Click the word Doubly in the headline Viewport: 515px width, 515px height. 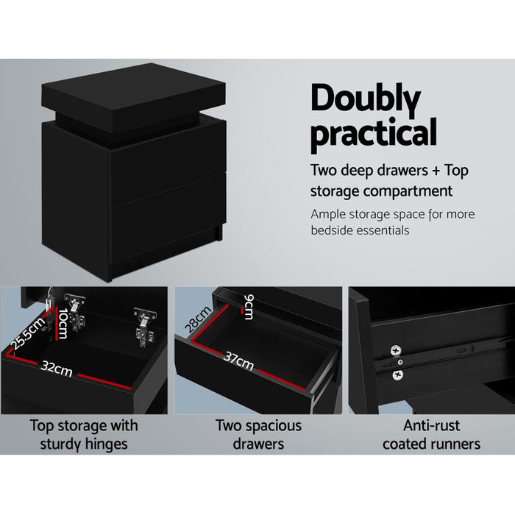coord(365,100)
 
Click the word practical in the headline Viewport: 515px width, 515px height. coord(373,134)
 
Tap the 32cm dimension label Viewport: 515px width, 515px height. coord(57,369)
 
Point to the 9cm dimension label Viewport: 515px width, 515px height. coord(249,307)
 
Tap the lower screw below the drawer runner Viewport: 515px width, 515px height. coord(398,374)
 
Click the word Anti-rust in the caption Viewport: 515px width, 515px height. coord(431,425)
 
